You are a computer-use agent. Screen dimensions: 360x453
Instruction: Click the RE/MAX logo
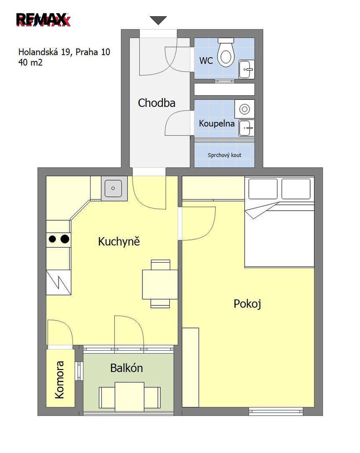coord(43,20)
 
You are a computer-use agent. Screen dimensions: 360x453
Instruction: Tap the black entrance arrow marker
coord(158,20)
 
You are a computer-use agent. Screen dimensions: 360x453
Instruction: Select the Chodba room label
coord(156,103)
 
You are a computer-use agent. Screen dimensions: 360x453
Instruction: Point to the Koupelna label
coord(217,123)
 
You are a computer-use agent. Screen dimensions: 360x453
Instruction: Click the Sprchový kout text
coord(224,155)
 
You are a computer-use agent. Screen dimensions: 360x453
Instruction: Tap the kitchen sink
coord(114,188)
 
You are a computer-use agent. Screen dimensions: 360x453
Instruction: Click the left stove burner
coord(52,239)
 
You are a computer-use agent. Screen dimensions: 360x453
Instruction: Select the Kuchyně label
coord(119,241)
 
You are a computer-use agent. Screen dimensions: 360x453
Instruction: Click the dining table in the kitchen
coord(160,284)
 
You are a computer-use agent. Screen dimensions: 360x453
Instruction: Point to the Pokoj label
coord(247,304)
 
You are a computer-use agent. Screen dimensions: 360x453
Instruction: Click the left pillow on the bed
coord(263,189)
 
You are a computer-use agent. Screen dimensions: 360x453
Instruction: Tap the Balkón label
coord(127,368)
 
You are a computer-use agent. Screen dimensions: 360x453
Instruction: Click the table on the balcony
coord(129,396)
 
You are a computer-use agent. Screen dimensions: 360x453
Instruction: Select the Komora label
coord(60,380)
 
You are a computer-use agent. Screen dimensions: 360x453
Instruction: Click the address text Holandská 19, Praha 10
coord(64,52)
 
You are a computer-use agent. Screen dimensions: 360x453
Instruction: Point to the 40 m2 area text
coord(30,62)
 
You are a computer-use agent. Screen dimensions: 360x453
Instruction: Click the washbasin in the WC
coord(246,69)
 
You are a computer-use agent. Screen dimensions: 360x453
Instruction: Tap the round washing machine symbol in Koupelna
coord(244,109)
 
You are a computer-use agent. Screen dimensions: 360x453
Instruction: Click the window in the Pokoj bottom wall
coord(276,411)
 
